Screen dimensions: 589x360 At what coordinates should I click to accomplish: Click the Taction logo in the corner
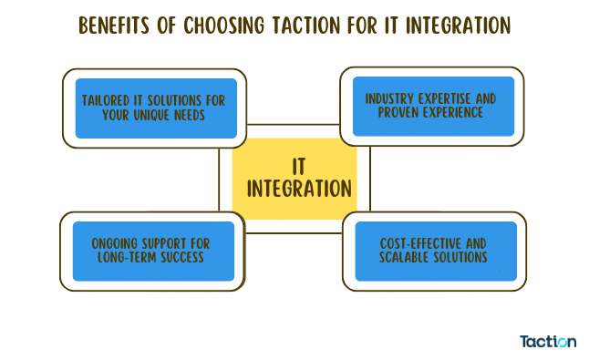[548, 341]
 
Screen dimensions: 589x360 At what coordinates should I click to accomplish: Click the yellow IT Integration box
[294, 178]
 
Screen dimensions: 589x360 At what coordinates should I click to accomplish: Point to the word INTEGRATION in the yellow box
[300, 190]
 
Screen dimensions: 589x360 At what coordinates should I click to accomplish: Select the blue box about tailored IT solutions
[156, 108]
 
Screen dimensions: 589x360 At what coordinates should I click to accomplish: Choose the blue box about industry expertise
[432, 106]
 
